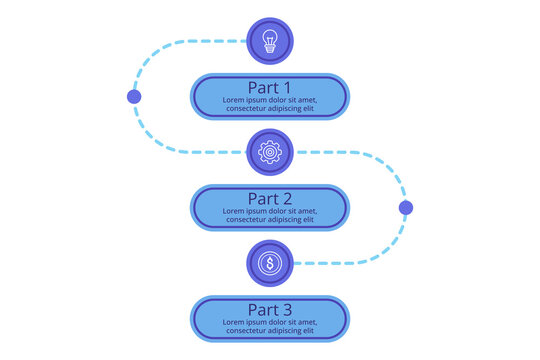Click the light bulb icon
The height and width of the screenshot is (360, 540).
269,41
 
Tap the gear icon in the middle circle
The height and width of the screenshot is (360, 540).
269,152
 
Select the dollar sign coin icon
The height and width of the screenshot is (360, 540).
269,263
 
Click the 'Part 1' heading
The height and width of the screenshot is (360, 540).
269,86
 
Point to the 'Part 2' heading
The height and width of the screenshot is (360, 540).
269,198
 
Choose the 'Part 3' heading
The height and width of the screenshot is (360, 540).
269,309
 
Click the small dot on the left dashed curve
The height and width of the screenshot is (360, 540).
134,97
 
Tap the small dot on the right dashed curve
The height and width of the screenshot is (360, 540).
405,208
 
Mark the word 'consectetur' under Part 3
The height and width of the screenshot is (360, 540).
249,332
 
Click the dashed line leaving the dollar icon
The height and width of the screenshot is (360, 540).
340,263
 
